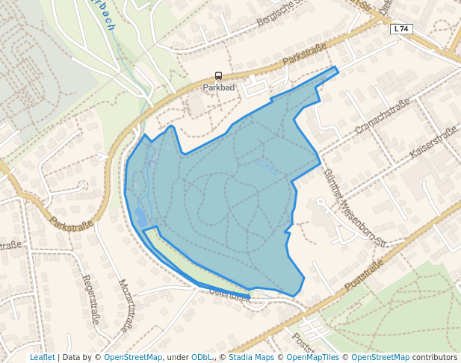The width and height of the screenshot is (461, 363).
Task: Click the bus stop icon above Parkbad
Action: click(218, 75)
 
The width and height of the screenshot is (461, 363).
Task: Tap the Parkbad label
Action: click(218, 87)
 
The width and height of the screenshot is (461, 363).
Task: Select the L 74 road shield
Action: click(401, 28)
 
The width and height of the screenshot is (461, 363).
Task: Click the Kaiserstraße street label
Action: click(433, 143)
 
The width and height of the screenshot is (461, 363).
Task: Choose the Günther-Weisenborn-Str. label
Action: click(354, 207)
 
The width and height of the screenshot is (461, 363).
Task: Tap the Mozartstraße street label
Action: click(128, 305)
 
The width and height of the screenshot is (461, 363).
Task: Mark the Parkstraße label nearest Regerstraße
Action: click(72, 223)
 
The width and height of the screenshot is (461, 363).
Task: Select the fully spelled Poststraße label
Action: click(365, 275)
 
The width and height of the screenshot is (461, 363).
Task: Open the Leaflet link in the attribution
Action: click(43, 357)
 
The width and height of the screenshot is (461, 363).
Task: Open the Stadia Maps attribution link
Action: click(251, 357)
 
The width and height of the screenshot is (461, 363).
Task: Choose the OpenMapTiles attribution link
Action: click(314, 357)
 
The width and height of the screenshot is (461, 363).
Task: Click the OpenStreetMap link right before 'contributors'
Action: click(380, 357)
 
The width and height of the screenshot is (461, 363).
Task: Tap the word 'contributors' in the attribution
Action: click(434, 357)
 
